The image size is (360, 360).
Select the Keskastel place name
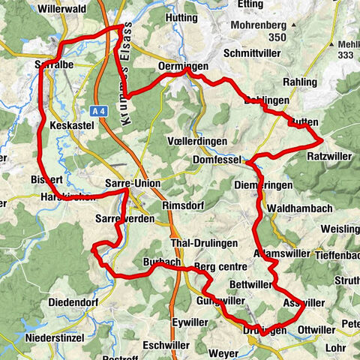(70, 126)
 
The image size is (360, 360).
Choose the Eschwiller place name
(165, 345)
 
